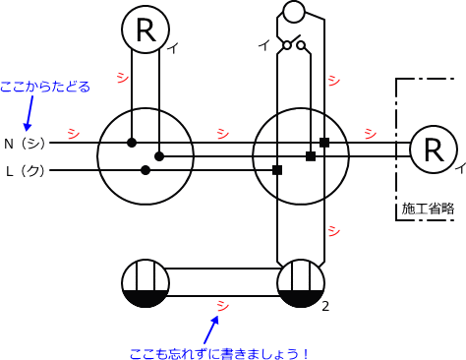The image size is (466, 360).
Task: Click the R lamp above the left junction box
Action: [x=146, y=30]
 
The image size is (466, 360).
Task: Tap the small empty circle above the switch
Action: [x=293, y=13]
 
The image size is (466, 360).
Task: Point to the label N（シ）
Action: [x=25, y=143]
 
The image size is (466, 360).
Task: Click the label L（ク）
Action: [x=25, y=171]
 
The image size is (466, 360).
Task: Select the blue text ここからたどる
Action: [x=45, y=87]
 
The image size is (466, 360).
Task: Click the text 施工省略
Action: [x=428, y=209]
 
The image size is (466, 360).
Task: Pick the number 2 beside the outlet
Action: [x=324, y=306]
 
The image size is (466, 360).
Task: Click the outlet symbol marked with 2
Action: [x=301, y=283]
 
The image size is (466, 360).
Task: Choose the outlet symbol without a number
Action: [x=146, y=283]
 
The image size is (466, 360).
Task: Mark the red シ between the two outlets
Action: [x=222, y=305]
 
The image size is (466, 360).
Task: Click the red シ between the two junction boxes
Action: [x=222, y=133]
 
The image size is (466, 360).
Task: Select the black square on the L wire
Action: [x=277, y=170]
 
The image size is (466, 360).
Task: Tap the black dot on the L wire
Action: [x=146, y=170]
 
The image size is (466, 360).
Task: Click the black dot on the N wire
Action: [x=132, y=143]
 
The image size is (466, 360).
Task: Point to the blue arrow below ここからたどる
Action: [x=29, y=113]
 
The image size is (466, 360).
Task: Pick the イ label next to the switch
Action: [x=262, y=45]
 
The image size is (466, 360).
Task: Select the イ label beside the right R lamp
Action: [x=459, y=168]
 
